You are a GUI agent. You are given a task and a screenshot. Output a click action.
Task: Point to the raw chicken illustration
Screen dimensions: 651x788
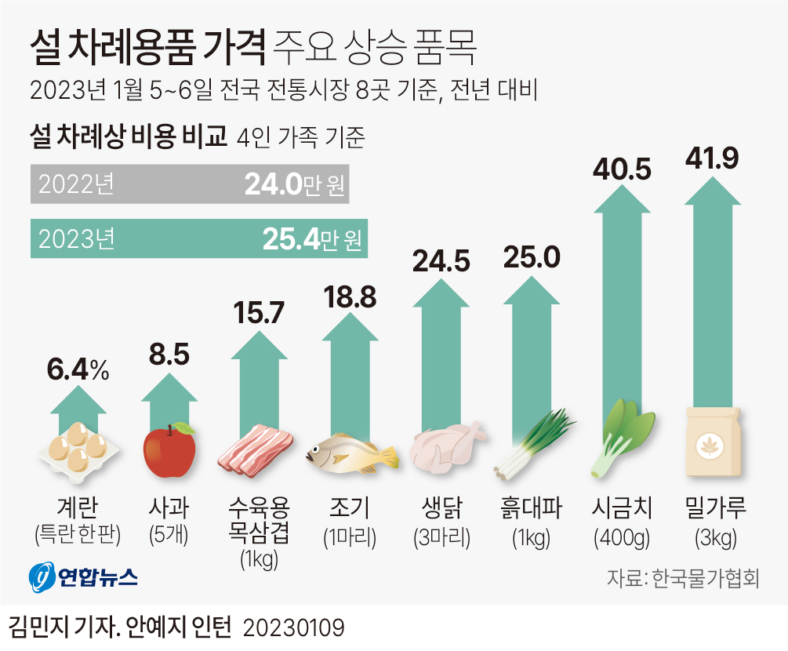click(x=447, y=447)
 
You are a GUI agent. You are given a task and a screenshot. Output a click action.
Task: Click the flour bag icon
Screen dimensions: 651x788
click(x=713, y=444)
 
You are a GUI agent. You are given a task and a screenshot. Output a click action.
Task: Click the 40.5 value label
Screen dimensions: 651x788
click(x=622, y=169)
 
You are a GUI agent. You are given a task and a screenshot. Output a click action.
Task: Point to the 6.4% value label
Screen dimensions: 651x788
click(x=77, y=370)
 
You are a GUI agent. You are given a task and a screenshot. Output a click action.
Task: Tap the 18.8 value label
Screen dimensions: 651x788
click(x=350, y=298)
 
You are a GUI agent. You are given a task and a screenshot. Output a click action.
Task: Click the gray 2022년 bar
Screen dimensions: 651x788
click(x=188, y=184)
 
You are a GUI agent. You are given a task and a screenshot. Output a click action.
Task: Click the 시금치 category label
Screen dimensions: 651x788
click(x=622, y=507)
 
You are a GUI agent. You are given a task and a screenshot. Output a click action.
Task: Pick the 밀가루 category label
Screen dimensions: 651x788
click(x=713, y=507)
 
